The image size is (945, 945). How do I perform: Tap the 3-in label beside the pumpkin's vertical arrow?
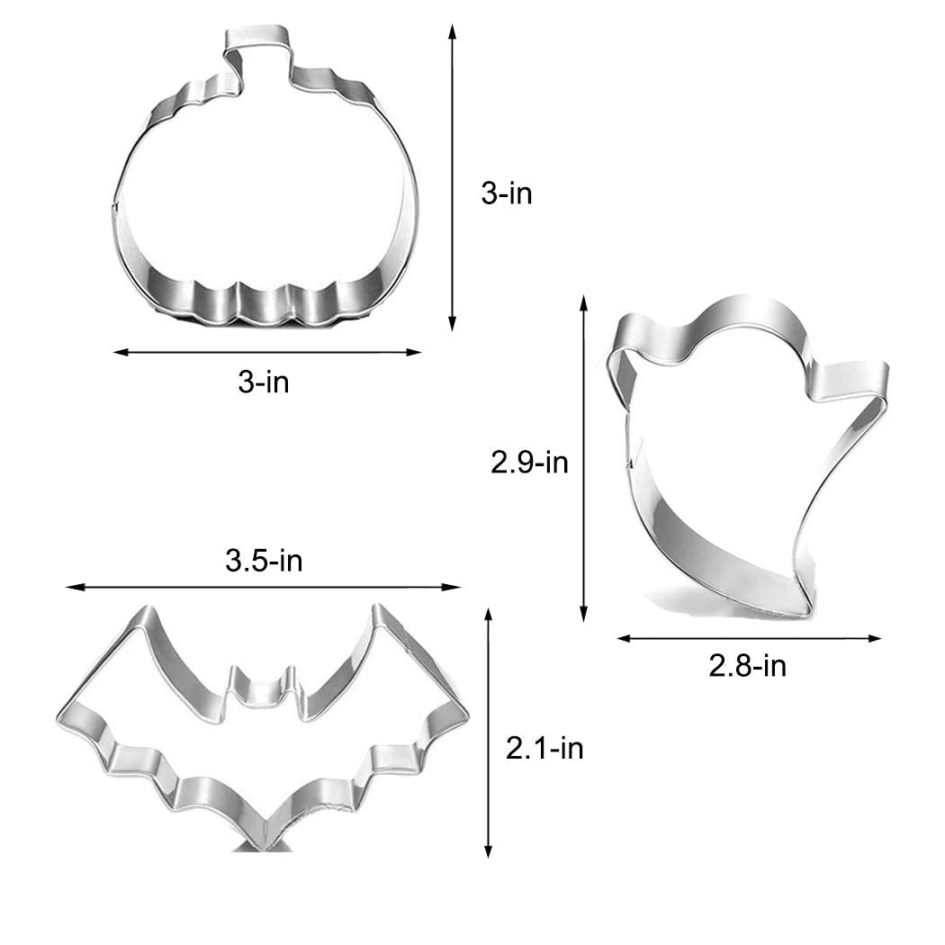pyautogui.click(x=507, y=193)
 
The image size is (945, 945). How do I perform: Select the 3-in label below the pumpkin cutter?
pyautogui.click(x=264, y=382)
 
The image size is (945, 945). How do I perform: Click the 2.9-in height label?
pyautogui.click(x=529, y=463)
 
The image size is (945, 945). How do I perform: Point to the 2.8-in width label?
pyautogui.click(x=748, y=666)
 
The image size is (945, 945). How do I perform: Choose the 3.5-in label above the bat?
pyautogui.click(x=264, y=562)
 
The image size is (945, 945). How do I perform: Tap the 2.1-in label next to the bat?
pyautogui.click(x=544, y=748)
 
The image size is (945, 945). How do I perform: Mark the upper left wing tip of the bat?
pyautogui.click(x=145, y=614)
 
